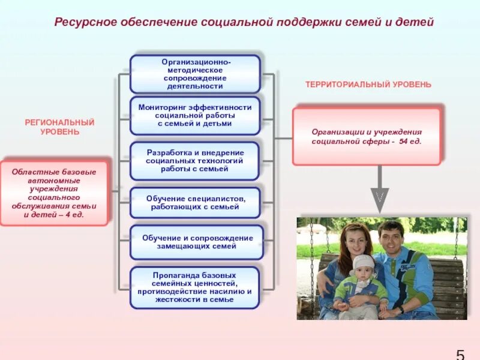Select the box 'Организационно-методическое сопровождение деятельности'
coord(196,74)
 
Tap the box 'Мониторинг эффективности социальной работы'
coord(195,115)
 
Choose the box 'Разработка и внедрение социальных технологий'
coord(195,161)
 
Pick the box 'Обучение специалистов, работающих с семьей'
coord(195,202)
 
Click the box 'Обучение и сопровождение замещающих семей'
coord(197,242)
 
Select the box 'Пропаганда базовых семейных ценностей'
coord(195,287)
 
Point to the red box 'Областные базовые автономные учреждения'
coord(54,193)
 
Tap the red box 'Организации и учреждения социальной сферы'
coord(367,136)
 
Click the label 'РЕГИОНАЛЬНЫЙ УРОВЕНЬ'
coord(60,127)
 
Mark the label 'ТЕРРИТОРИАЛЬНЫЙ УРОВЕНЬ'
coord(368,85)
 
